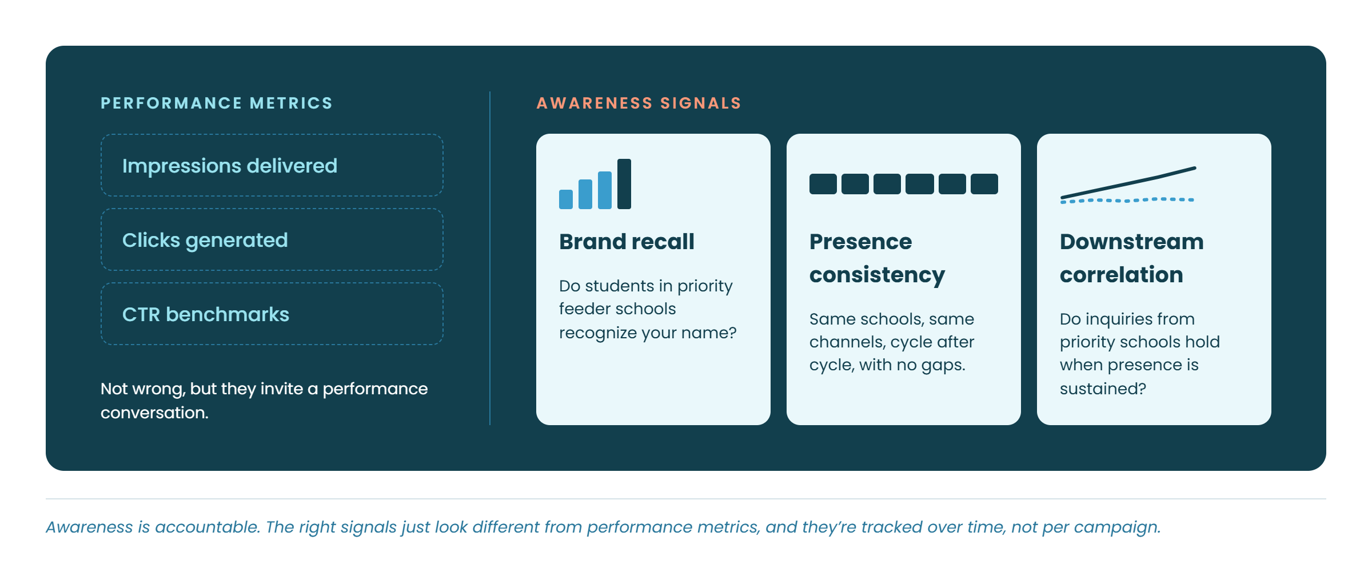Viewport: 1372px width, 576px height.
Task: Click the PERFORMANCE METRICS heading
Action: point(216,103)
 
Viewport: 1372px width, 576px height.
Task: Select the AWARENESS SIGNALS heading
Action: point(639,103)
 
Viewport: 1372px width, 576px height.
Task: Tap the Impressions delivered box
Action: point(272,165)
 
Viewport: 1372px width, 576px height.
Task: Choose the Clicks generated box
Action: point(272,239)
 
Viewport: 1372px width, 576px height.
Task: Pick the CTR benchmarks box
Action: point(272,314)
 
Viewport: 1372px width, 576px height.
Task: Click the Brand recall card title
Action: point(627,241)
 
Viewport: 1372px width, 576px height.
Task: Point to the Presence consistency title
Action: point(877,258)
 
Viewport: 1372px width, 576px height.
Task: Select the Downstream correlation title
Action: point(1131,258)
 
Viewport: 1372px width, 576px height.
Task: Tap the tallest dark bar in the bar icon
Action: point(624,184)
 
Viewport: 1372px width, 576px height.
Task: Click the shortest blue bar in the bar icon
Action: point(566,199)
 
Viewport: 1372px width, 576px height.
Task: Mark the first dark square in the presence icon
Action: point(823,184)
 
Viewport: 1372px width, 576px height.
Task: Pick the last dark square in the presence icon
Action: point(984,184)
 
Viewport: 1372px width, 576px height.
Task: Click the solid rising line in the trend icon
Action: point(1128,183)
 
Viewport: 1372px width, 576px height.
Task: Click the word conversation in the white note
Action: point(154,413)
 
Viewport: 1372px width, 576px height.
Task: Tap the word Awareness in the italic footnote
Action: point(89,527)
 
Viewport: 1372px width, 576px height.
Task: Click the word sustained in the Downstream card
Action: point(1103,389)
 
